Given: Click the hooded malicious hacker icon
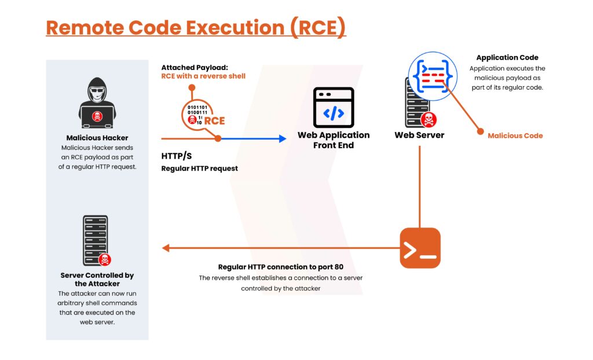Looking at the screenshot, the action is coord(97,103).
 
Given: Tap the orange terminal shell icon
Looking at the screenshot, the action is coord(420,248).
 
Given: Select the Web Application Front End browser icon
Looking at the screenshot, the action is coord(334,108).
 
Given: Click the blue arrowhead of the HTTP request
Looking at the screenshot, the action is coord(283,139).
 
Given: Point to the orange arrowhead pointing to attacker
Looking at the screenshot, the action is coord(165,248).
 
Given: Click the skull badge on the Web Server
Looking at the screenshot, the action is coord(429,120).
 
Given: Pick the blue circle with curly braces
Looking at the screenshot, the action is coord(433,76).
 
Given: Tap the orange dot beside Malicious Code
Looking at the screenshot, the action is coord(480,131).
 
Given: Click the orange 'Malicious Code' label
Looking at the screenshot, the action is coord(515,136).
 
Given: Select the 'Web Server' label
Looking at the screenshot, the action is coord(419,135).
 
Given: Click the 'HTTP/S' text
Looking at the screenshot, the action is coord(177,156).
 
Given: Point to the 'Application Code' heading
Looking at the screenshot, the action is coord(507,57).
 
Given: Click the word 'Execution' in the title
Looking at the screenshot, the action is coord(235,28).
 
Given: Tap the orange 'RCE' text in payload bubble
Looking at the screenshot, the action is coord(214,120).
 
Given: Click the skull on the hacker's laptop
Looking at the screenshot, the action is coord(97,116).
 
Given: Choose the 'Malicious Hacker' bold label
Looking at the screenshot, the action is coord(97,138).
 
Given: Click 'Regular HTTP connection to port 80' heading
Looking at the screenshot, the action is coord(281,267).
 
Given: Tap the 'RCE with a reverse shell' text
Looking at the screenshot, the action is coord(203,76).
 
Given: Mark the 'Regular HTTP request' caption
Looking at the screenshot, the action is coord(200,168).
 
